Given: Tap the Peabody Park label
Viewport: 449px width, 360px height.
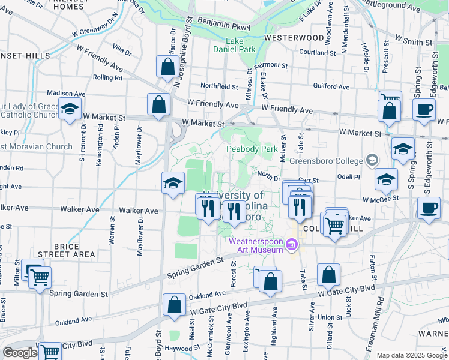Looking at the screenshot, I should click(x=252, y=149).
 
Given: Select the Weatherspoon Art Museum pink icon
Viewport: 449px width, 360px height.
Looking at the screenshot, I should click(x=292, y=245).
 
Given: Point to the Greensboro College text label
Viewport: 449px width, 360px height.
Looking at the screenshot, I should click(x=326, y=161).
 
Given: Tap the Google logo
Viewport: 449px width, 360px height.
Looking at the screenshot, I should click(x=20, y=353).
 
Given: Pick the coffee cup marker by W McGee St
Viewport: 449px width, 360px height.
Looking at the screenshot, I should click(x=429, y=208).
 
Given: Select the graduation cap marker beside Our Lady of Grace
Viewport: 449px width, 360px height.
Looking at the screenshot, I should click(x=70, y=109).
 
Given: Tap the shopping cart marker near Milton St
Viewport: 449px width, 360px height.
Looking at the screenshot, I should click(x=40, y=277).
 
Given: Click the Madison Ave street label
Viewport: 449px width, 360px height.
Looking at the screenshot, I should click(x=66, y=94).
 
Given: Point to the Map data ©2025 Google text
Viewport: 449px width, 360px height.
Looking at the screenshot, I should click(x=411, y=355).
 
